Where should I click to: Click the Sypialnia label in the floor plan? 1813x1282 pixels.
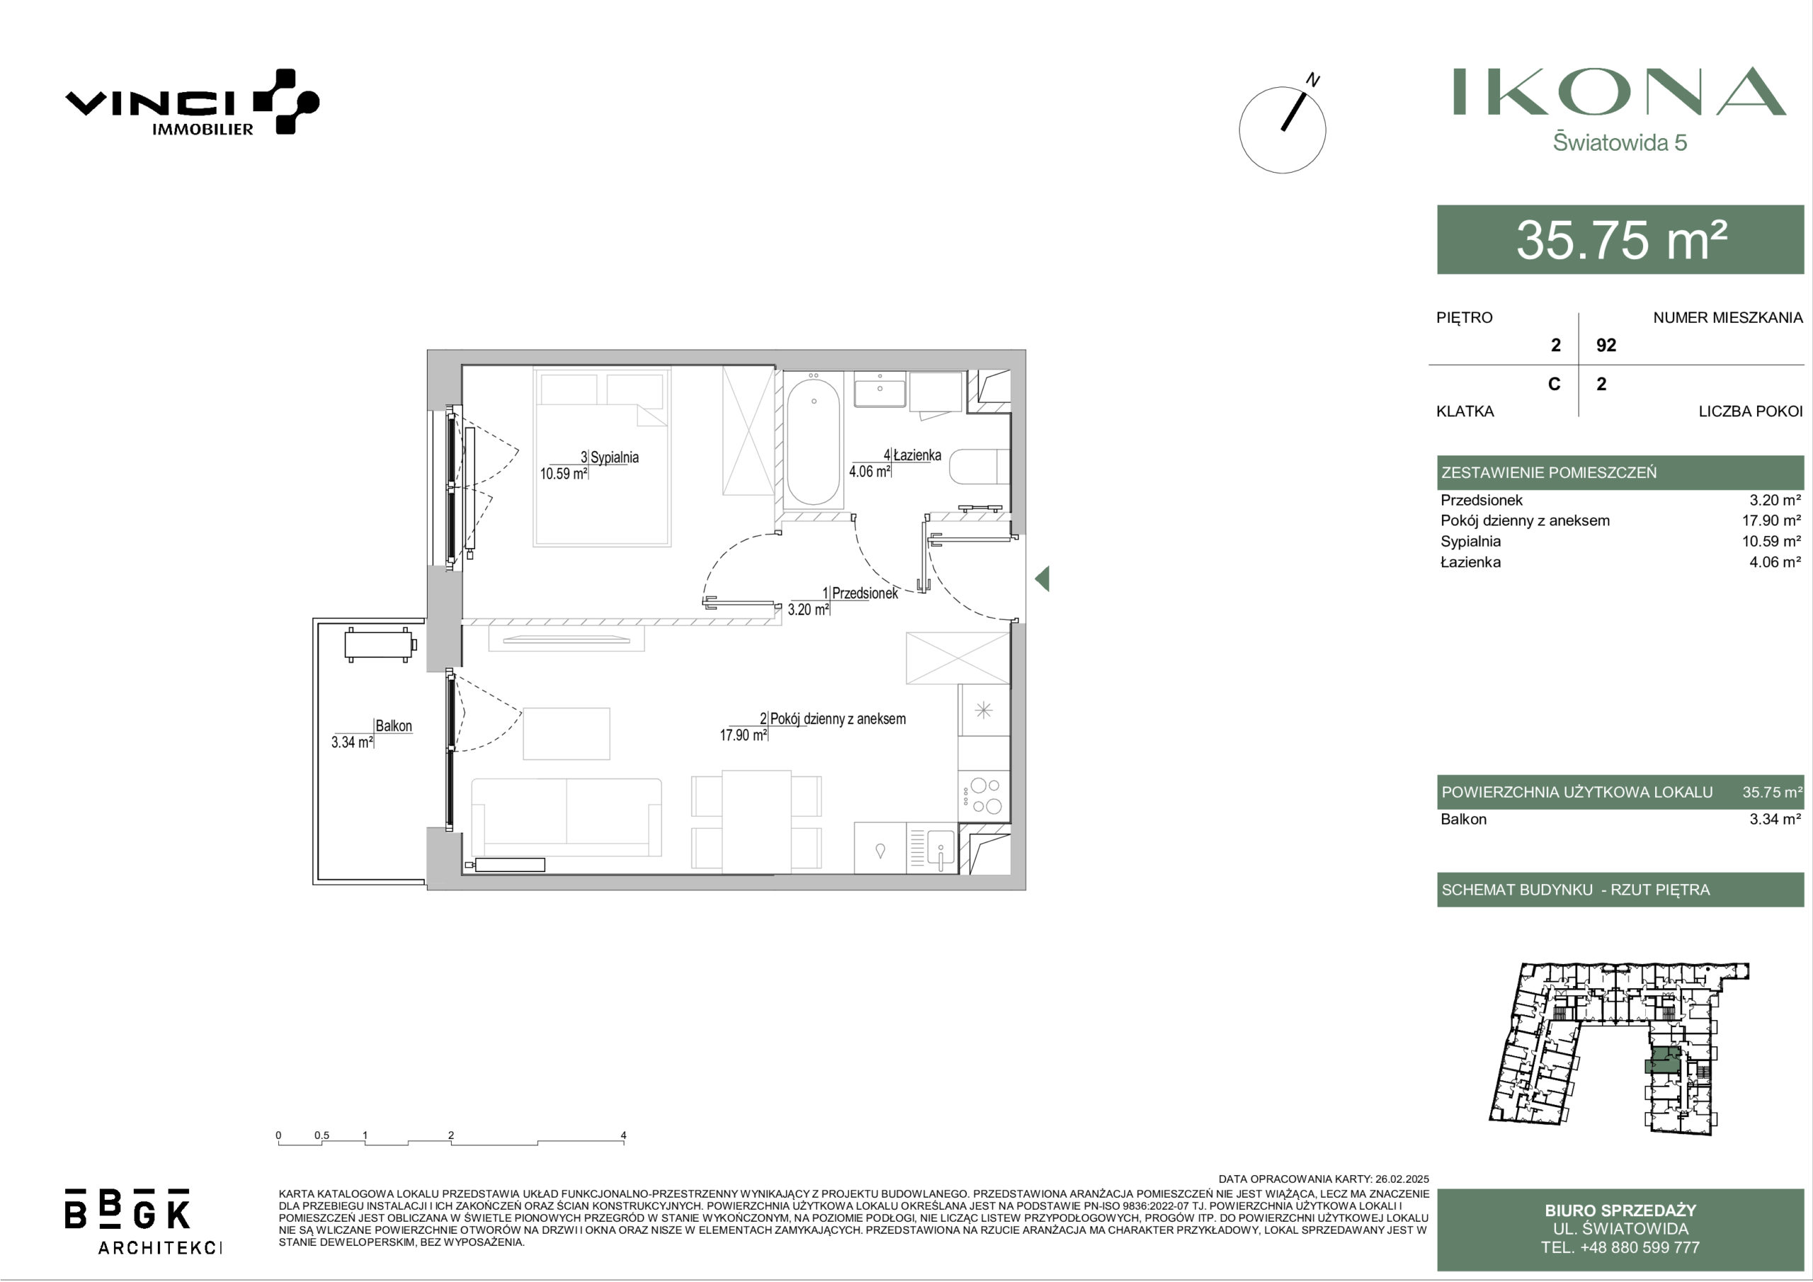614,458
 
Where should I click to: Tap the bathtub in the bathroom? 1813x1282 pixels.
813,441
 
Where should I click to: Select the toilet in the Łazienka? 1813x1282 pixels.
980,467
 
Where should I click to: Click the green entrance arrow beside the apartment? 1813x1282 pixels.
1042,579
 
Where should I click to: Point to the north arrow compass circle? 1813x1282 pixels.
1283,130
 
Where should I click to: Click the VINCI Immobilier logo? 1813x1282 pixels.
192,103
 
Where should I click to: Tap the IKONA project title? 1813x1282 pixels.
1620,91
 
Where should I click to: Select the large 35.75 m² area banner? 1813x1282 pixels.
1620,239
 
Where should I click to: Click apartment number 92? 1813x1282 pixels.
1606,345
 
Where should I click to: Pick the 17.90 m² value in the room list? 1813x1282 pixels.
1771,521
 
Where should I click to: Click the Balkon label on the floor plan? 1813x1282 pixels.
393,726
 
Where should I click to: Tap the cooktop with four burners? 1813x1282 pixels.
984,796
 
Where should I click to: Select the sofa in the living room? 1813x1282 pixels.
566,817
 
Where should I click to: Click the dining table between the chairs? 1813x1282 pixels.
756,822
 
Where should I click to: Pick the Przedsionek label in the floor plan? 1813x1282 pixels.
865,594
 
